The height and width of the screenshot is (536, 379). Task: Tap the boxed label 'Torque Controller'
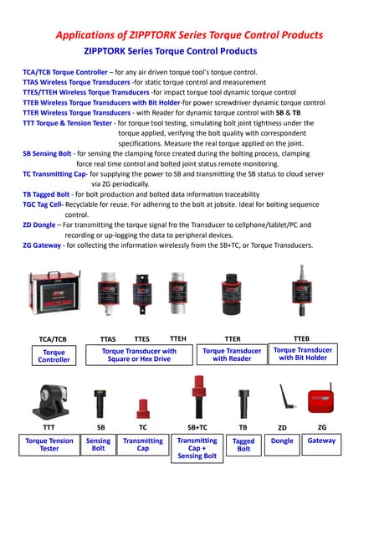click(x=54, y=356)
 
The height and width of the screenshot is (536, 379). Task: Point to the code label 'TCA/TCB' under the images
click(x=53, y=339)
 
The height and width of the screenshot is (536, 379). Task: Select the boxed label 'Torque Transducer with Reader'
click(x=232, y=355)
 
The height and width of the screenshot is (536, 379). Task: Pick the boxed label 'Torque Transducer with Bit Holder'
click(x=303, y=354)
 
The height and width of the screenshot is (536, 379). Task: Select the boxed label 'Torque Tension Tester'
click(x=49, y=445)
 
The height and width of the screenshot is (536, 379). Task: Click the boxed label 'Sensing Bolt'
click(x=98, y=445)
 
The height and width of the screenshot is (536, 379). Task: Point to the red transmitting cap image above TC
click(x=142, y=408)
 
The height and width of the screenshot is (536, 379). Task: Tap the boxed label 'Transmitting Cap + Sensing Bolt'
click(x=197, y=448)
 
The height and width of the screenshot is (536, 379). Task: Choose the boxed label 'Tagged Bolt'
click(x=243, y=445)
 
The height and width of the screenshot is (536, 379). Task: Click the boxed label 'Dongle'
click(x=282, y=441)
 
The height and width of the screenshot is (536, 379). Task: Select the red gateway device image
click(x=321, y=401)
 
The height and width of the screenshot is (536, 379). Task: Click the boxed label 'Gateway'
click(x=321, y=441)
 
